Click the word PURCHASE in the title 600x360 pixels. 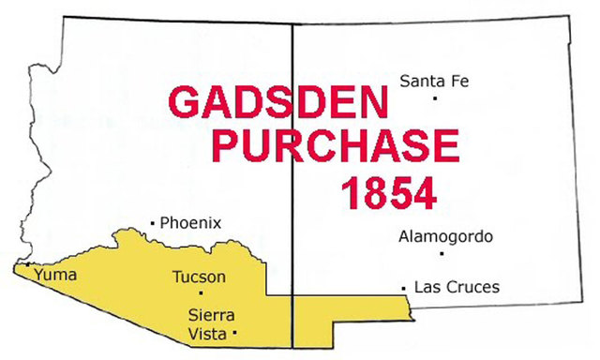tap(337, 147)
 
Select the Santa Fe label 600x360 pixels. tap(434, 81)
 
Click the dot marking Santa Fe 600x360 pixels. tap(435, 98)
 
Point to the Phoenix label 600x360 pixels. tap(190, 223)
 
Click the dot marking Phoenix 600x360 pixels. tap(153, 222)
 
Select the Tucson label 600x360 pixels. tap(199, 277)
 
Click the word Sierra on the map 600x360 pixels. tap(211, 314)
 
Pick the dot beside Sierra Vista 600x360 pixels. tap(234, 333)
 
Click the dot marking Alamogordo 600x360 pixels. tap(440, 253)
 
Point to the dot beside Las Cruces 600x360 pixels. tap(403, 286)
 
